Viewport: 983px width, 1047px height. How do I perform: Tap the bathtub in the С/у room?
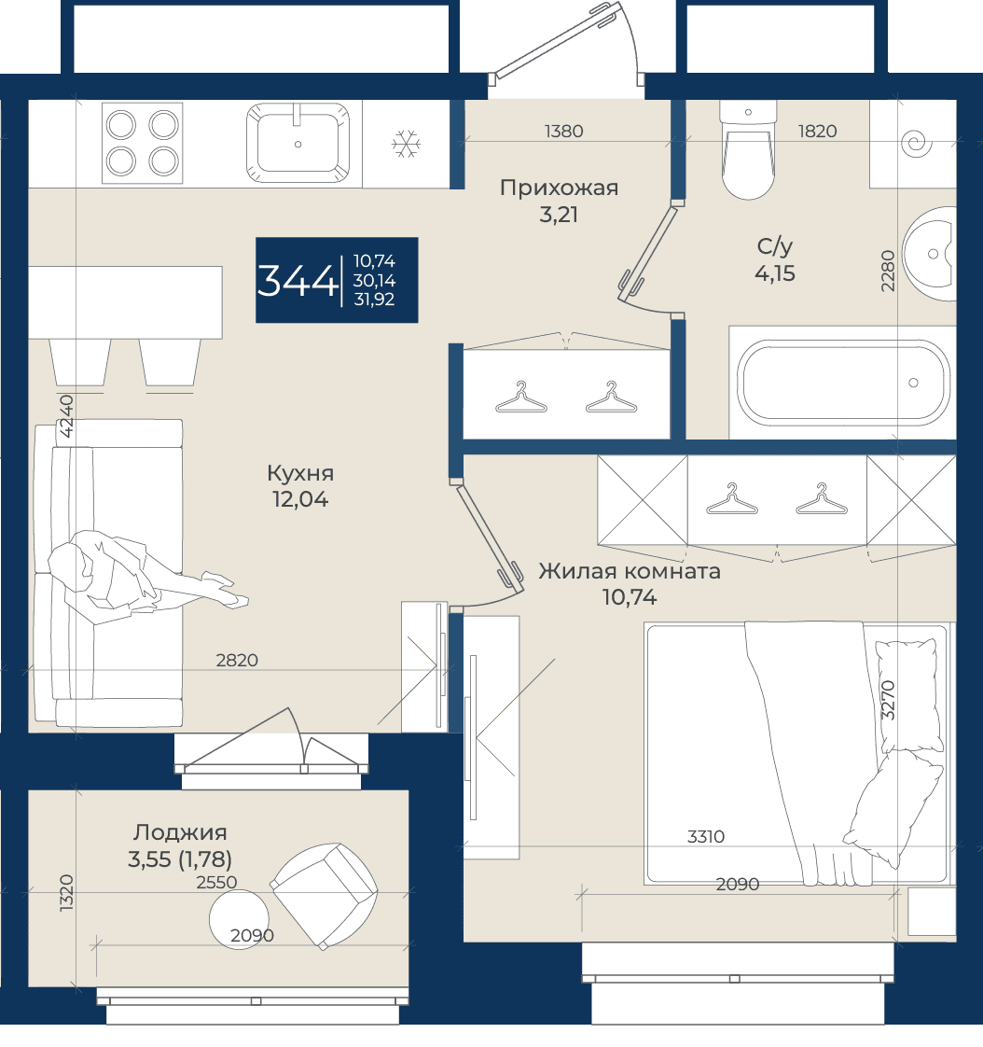[843, 383]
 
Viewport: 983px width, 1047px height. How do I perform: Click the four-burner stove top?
[142, 143]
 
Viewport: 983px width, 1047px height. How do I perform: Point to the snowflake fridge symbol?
[406, 144]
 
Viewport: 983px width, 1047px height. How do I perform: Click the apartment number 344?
[297, 281]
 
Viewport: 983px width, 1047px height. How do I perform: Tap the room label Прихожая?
[560, 188]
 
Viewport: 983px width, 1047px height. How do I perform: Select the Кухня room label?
[300, 473]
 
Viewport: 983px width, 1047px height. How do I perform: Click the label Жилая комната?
[630, 571]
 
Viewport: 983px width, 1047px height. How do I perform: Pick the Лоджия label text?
[180, 832]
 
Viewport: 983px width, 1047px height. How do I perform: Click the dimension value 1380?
[564, 131]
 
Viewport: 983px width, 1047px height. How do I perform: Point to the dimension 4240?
[66, 416]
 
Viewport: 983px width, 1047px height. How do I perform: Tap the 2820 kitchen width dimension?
[237, 660]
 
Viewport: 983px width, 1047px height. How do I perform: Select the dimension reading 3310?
[706, 836]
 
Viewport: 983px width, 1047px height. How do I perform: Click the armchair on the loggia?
[325, 895]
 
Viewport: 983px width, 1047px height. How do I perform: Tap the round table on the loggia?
[239, 919]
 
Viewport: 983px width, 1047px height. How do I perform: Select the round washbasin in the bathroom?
[930, 254]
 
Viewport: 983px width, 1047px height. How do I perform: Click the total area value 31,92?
[374, 300]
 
